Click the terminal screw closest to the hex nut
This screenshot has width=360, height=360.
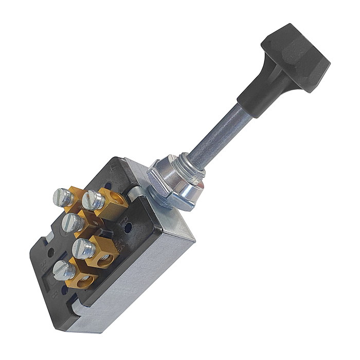point(93,197)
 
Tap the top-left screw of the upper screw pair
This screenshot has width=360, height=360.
point(60,196)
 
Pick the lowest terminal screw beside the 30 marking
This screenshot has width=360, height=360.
point(61,268)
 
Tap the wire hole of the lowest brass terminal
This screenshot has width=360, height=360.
point(84,280)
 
